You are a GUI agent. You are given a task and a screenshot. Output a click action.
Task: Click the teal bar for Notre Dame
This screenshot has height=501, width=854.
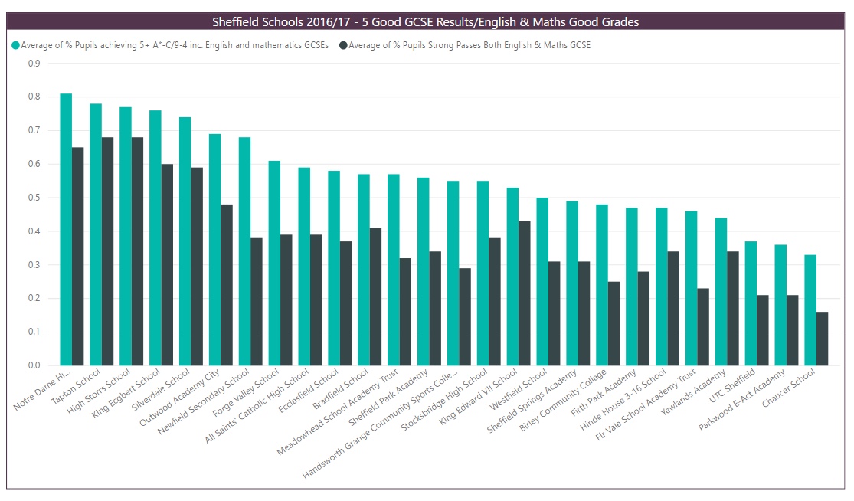66,230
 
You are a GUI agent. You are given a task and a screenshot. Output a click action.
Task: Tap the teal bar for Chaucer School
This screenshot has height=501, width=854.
810,310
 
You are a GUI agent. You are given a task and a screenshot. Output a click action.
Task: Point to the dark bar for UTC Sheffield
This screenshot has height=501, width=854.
763,330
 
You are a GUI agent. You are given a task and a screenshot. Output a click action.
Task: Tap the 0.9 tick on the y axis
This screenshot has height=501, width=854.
34,64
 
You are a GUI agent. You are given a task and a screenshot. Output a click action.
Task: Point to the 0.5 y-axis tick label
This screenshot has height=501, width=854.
34,198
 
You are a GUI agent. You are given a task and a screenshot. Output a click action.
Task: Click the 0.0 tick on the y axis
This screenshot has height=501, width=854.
34,365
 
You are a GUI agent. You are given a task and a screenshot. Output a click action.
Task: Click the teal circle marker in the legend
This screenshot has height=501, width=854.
15,46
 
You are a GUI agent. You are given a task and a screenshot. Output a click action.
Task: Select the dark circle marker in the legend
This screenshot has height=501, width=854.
342,46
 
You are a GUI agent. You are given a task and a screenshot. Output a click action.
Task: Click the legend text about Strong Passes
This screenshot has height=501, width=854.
470,46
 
